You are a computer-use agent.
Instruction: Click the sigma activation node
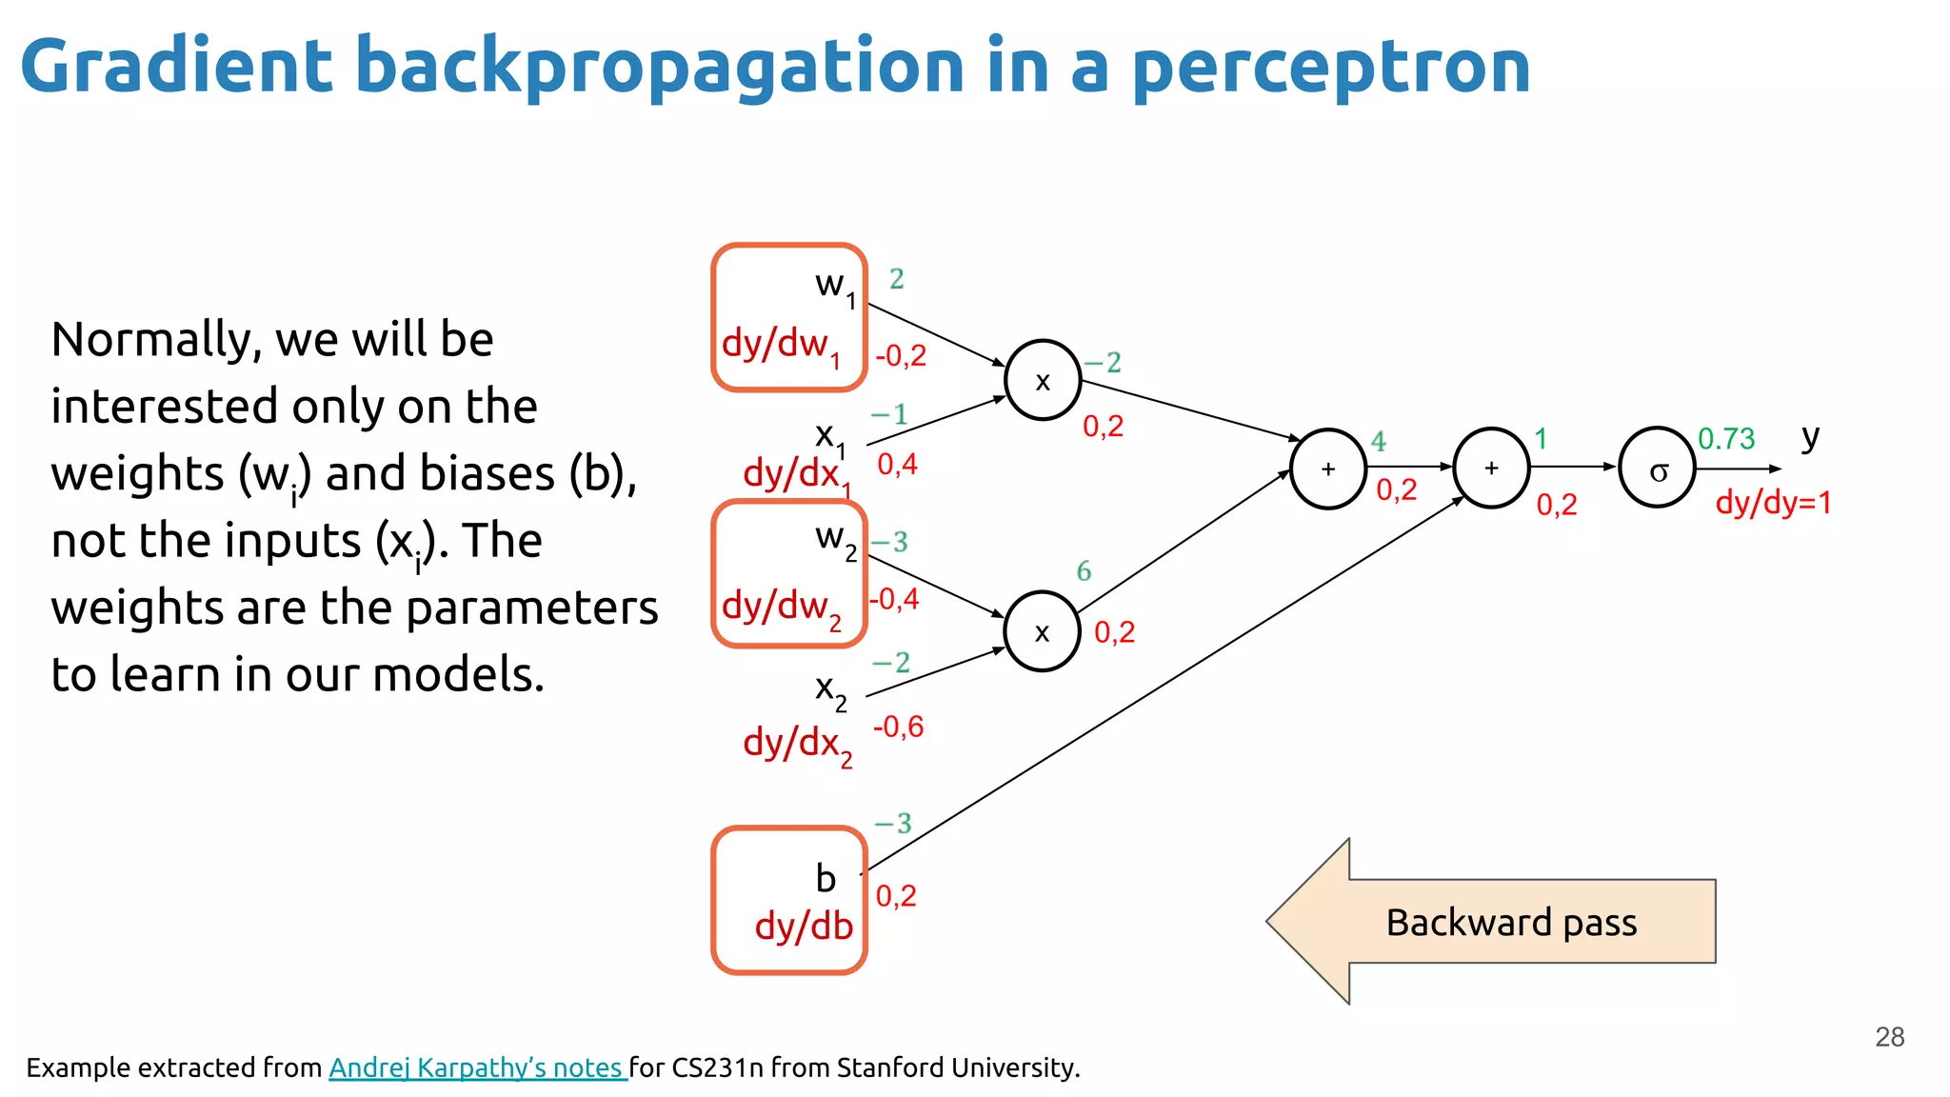(x=1657, y=468)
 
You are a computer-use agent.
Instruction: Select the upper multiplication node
(x=1043, y=380)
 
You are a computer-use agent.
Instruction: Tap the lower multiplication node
(x=1043, y=631)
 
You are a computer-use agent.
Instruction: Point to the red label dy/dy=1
(x=1773, y=502)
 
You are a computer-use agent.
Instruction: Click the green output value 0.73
(x=1726, y=439)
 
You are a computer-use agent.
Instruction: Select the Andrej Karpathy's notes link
(x=476, y=1067)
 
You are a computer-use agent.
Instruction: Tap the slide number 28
(x=1889, y=1036)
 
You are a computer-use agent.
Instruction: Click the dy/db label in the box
(x=804, y=926)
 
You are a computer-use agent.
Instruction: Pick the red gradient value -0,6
(x=898, y=727)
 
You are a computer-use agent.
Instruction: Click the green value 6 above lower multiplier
(x=1084, y=570)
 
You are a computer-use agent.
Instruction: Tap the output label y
(x=1810, y=437)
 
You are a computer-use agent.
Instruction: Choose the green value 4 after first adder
(x=1379, y=441)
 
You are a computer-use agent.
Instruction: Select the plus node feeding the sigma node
(x=1491, y=468)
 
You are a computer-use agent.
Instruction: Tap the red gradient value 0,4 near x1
(x=897, y=464)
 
